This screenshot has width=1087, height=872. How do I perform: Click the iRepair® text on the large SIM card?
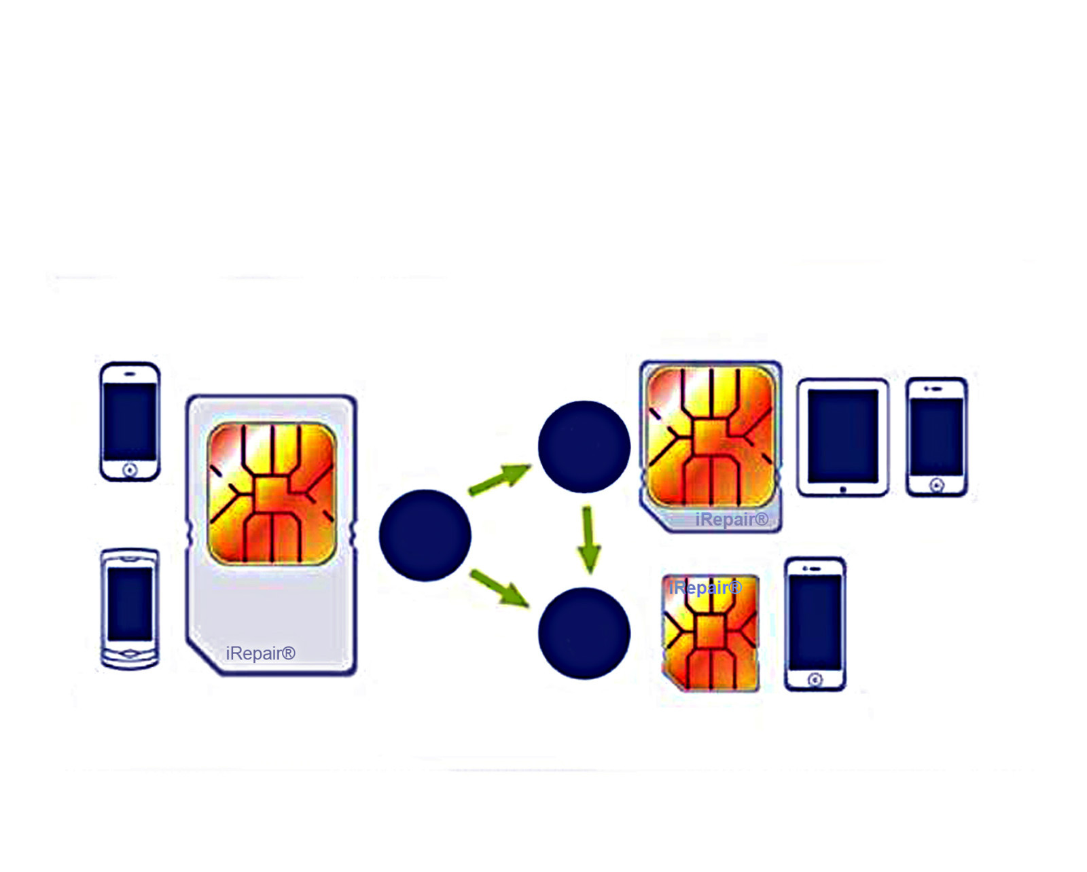[260, 653]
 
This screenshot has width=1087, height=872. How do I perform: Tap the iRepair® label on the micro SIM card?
[732, 520]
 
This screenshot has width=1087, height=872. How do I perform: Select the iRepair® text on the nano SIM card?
[705, 587]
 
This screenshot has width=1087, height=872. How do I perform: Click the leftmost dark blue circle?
[425, 535]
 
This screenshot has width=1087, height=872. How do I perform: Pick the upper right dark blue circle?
[584, 446]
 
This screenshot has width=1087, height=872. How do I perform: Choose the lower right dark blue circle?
[584, 633]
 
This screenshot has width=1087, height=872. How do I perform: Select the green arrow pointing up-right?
[500, 478]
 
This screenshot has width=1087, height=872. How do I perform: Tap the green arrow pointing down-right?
[499, 587]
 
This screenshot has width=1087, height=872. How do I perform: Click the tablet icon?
[842, 437]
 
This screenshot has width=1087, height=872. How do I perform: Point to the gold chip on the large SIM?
[272, 494]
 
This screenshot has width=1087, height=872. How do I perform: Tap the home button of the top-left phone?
[130, 470]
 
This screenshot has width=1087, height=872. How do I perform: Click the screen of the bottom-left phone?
[130, 604]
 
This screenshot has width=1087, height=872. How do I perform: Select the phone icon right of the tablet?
[936, 437]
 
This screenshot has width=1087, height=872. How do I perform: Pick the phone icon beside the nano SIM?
[815, 623]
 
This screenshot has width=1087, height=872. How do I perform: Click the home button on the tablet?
[842, 489]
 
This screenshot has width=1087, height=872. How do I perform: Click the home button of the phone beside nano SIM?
[815, 679]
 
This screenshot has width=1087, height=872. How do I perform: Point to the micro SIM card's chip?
[710, 437]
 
